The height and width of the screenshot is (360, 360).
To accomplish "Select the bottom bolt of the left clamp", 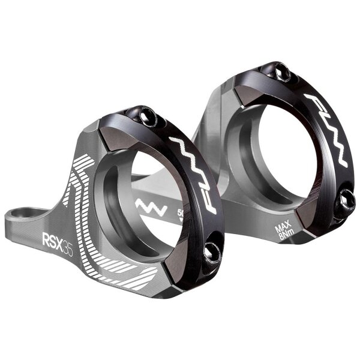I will click(212, 254).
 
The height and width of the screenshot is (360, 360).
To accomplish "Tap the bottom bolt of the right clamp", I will click(346, 199).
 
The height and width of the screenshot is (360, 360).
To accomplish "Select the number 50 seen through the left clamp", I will click(181, 213).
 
